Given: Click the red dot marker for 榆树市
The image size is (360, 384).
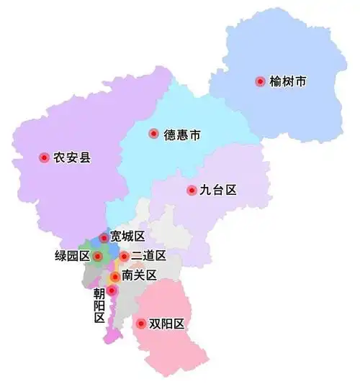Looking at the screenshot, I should (260, 82).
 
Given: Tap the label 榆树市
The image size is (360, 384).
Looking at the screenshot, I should (287, 82).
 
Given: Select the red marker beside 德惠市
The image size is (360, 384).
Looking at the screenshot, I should (153, 133).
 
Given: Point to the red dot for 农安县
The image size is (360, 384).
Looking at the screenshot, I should (43, 157).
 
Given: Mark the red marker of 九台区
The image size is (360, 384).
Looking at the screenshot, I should (191, 191).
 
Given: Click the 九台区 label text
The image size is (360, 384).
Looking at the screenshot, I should (218, 191).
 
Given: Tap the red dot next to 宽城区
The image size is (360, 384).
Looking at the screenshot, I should (104, 237).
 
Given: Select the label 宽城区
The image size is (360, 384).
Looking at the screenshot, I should (127, 237).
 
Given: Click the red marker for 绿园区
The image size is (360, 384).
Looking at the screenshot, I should (98, 256).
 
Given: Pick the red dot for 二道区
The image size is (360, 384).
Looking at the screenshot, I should (124, 256).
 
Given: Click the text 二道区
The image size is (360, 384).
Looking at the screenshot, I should (149, 256).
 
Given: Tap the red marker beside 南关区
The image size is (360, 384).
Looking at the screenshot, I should (114, 276).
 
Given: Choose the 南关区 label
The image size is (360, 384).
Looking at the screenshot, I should (140, 275).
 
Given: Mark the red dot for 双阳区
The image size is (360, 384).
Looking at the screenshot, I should (140, 324).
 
